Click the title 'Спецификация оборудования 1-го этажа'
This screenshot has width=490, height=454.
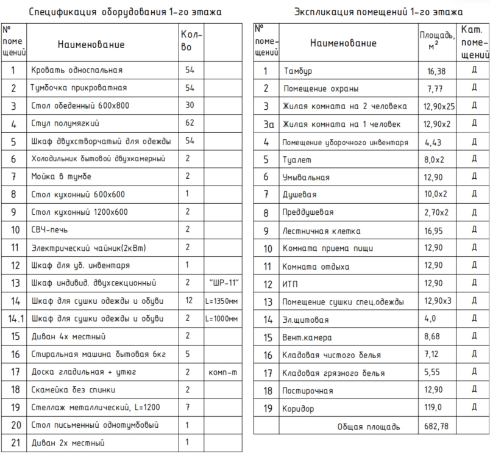[126, 12]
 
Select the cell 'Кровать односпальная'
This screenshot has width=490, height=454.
[77, 70]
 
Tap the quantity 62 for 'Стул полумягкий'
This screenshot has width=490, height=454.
[190, 124]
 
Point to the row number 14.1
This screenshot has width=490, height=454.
[13, 319]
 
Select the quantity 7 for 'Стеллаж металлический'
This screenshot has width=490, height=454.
[190, 407]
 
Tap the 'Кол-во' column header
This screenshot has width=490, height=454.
[190, 41]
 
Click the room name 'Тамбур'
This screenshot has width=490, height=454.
[296, 72]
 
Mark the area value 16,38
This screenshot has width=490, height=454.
[436, 72]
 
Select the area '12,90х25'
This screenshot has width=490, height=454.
[436, 107]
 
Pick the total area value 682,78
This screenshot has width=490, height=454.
[436, 427]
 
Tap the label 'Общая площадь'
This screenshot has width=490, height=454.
[369, 427]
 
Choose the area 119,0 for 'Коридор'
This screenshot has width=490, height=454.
[436, 409]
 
